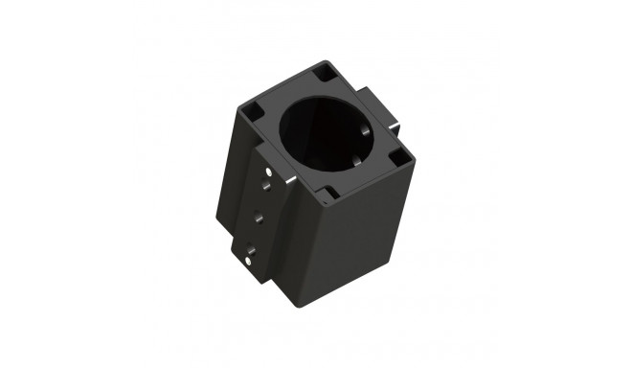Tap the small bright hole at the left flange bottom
pos(249,257)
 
